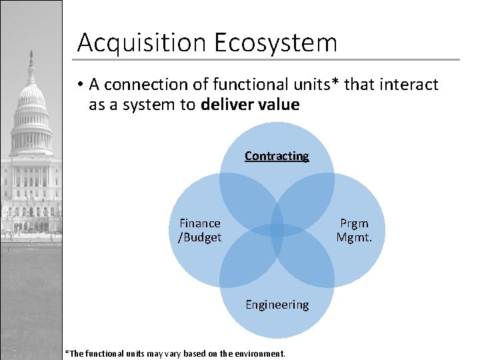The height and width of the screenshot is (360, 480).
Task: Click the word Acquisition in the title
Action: (142, 43)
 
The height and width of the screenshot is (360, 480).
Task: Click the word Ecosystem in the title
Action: (276, 43)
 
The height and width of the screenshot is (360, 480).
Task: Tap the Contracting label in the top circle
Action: (277, 156)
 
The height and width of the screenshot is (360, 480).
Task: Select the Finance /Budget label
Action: (200, 230)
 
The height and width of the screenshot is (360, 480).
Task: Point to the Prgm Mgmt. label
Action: (353, 230)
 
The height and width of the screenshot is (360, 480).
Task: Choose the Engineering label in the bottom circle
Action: (277, 305)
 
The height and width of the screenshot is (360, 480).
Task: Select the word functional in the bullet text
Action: (244, 85)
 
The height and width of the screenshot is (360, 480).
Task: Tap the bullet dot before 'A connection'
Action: (79, 85)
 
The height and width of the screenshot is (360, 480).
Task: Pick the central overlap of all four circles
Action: (277, 231)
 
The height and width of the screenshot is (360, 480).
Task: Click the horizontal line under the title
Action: (267, 60)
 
